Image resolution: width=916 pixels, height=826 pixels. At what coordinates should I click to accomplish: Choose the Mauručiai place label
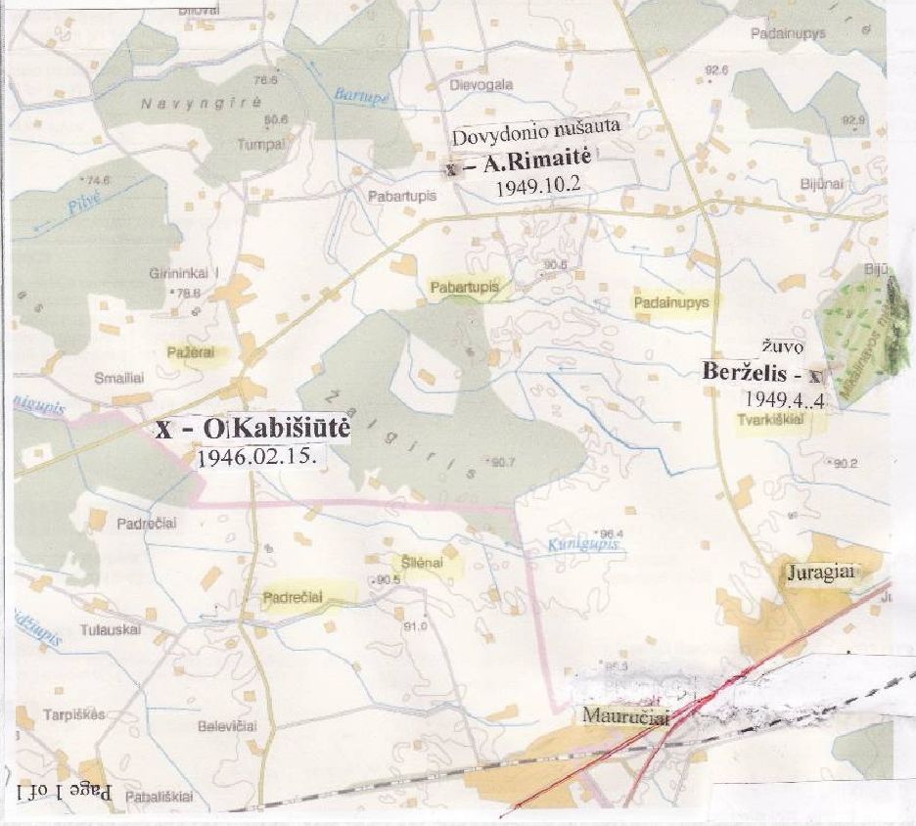[x=625, y=716]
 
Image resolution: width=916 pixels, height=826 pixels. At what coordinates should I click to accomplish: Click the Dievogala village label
[x=481, y=85]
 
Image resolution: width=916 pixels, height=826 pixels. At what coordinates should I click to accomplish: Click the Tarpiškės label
[x=73, y=713]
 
